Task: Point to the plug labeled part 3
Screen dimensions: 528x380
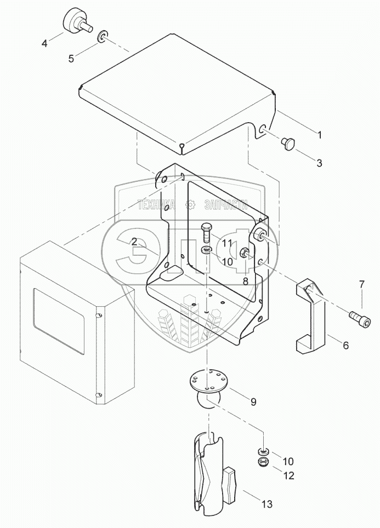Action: [x=288, y=144]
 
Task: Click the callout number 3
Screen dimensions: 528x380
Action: [x=319, y=163]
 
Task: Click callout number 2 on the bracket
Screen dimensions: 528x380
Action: [x=134, y=241]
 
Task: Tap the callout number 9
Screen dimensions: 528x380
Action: [x=253, y=401]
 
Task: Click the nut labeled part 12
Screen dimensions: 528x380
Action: [x=263, y=463]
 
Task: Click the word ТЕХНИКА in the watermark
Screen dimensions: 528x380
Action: [x=157, y=205]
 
